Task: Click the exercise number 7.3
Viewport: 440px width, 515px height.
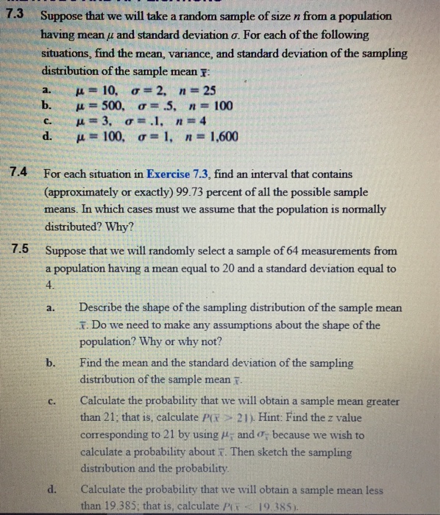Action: coord(16,15)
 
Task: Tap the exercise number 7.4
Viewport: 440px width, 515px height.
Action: coord(16,174)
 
